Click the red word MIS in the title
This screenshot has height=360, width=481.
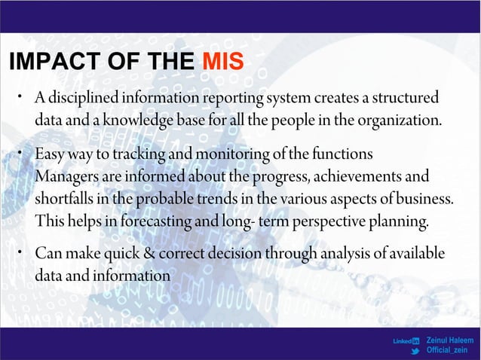(x=223, y=60)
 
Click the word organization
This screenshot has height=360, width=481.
(x=400, y=120)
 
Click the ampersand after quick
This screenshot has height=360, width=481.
(x=157, y=253)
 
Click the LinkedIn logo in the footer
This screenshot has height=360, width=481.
(x=406, y=341)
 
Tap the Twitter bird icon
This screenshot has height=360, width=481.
(x=415, y=351)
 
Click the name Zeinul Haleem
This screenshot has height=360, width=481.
(x=450, y=340)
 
